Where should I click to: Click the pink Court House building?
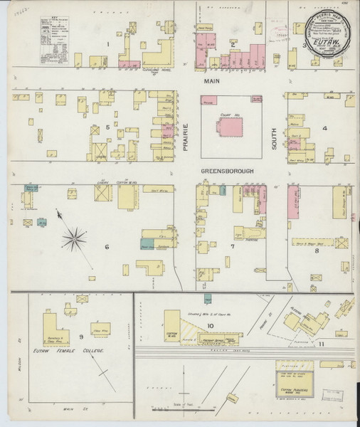tap(229, 127)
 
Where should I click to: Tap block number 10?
tap(211, 326)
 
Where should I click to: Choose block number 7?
tap(232, 247)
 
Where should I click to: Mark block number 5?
tap(107, 127)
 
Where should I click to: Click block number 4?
tap(324, 128)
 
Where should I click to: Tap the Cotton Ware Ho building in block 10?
tap(171, 326)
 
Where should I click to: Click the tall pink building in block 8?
tap(293, 204)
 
